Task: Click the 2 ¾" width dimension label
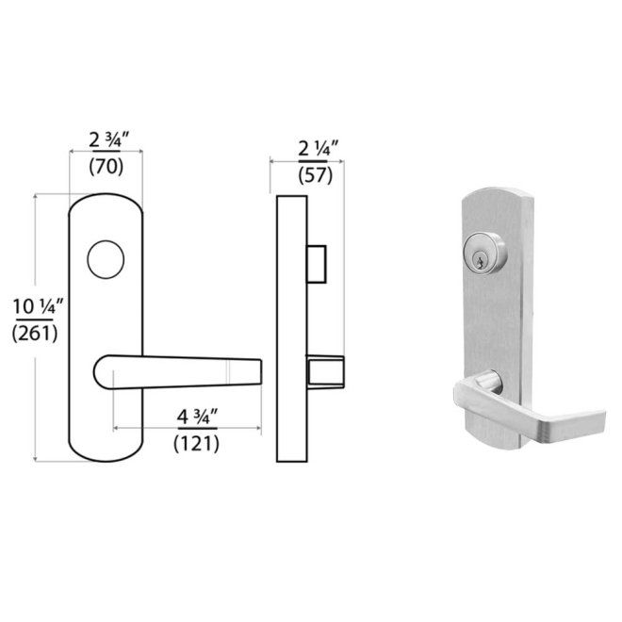pos(107,140)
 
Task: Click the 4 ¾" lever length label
pos(197,416)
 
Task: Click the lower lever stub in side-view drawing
pos(323,371)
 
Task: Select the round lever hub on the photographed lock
pos(486,381)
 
